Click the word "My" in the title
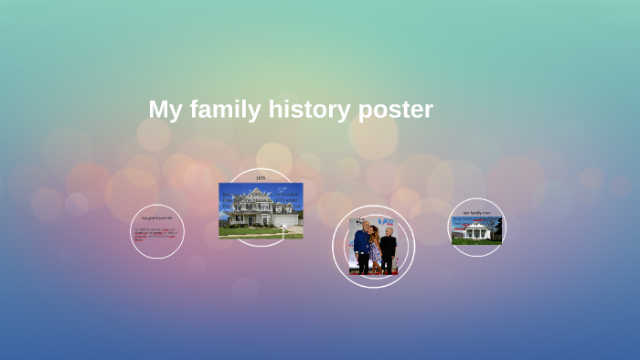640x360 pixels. [165, 110]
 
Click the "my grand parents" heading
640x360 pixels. [156, 217]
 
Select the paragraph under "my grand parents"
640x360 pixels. [155, 233]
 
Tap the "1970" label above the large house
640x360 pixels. [261, 177]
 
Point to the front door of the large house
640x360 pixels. [258, 219]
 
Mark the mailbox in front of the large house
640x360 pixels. [284, 229]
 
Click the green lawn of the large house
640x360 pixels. [247, 232]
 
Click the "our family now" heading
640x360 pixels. [476, 212]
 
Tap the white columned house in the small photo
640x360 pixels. [476, 232]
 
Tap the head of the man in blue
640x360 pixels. [363, 225]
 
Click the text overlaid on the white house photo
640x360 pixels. [475, 220]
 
